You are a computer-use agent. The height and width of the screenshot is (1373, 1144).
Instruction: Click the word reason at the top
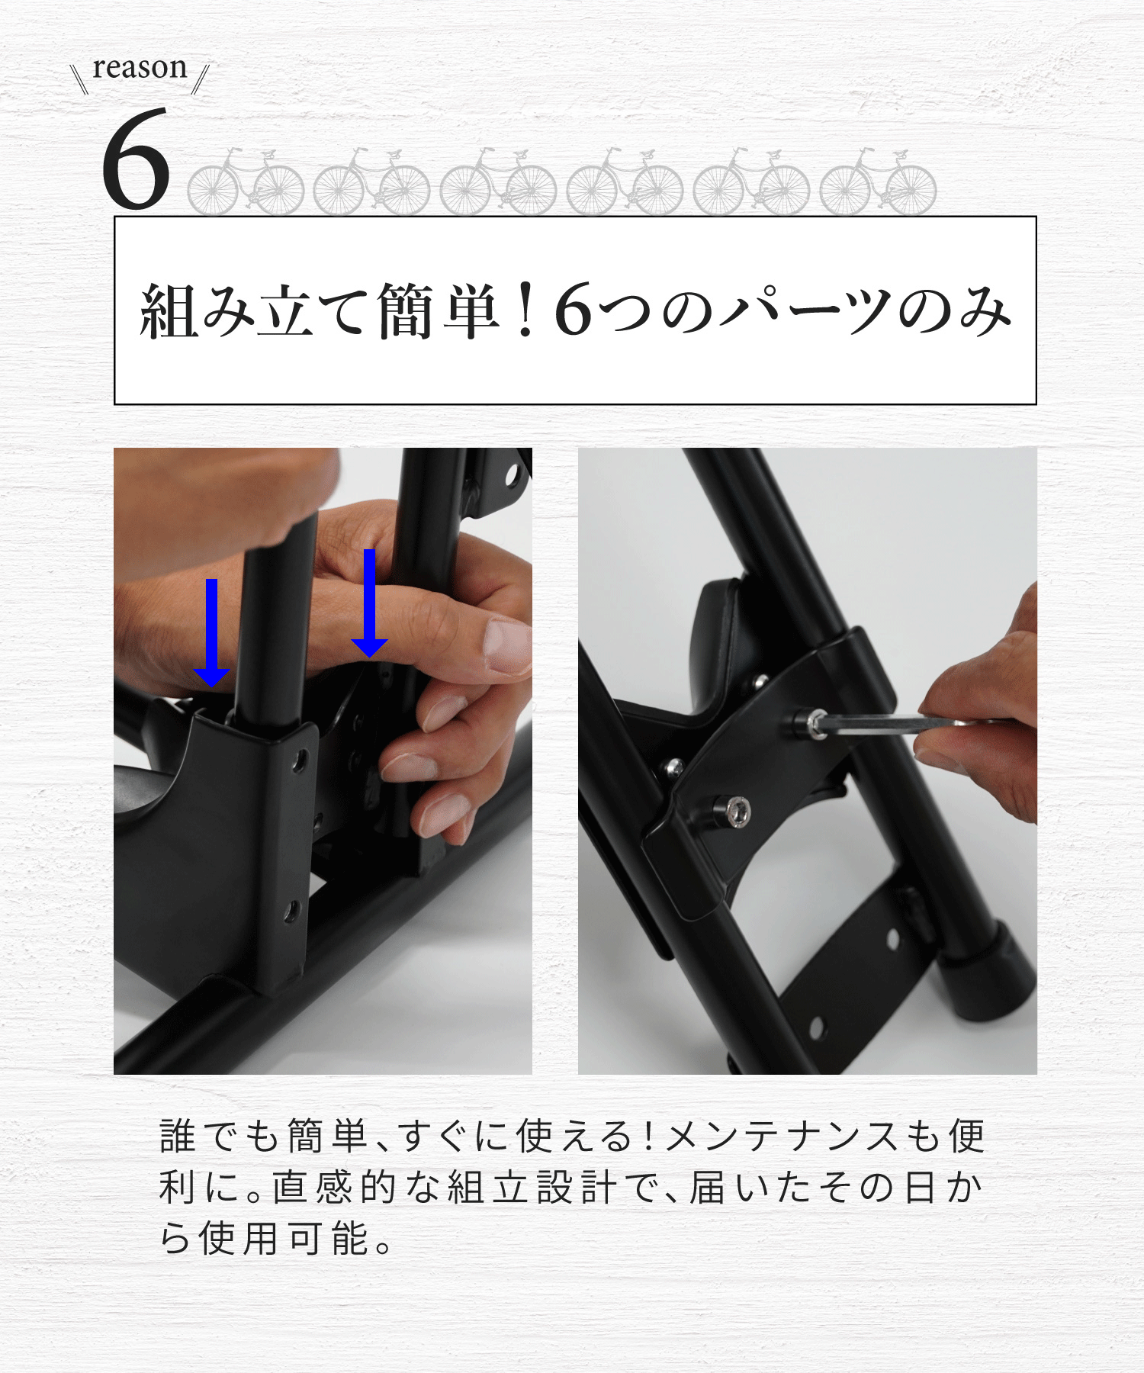point(140,68)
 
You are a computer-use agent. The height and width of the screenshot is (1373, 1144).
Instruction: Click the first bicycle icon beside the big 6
point(246,182)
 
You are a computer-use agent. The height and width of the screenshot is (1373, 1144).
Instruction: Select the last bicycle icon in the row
point(878,182)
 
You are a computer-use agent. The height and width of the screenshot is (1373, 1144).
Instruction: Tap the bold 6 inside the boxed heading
point(573,310)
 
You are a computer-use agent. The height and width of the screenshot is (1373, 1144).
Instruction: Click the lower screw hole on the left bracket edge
point(291,911)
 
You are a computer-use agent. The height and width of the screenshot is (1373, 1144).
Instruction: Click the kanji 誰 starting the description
point(178,1137)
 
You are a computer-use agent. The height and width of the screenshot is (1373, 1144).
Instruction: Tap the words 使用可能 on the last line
point(284,1238)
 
